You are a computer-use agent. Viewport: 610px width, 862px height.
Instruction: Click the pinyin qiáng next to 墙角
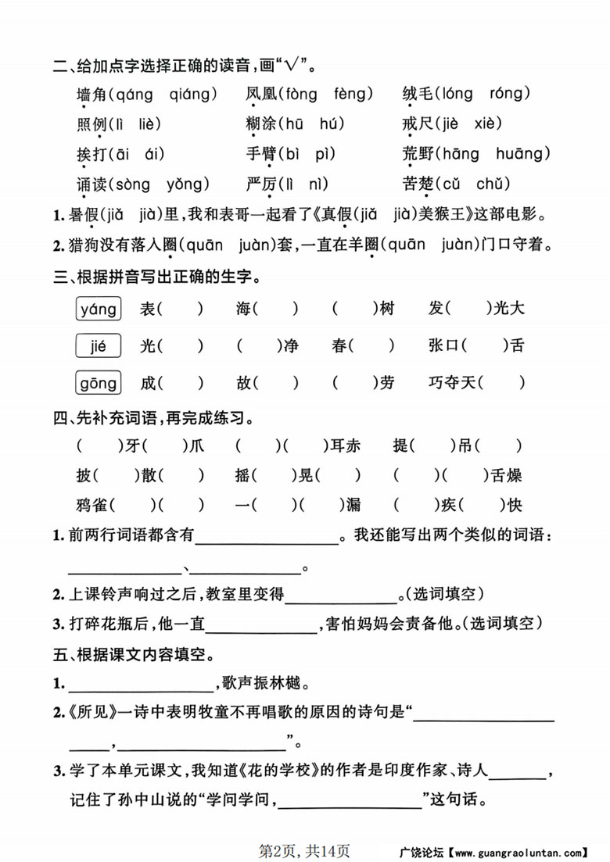[x=191, y=95]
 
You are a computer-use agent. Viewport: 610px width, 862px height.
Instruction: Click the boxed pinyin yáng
[x=99, y=309]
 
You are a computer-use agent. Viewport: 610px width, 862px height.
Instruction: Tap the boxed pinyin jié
[x=99, y=345]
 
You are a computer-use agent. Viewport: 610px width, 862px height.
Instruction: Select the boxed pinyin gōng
[x=99, y=383]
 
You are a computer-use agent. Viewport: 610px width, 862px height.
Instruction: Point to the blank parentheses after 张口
[x=486, y=345]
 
